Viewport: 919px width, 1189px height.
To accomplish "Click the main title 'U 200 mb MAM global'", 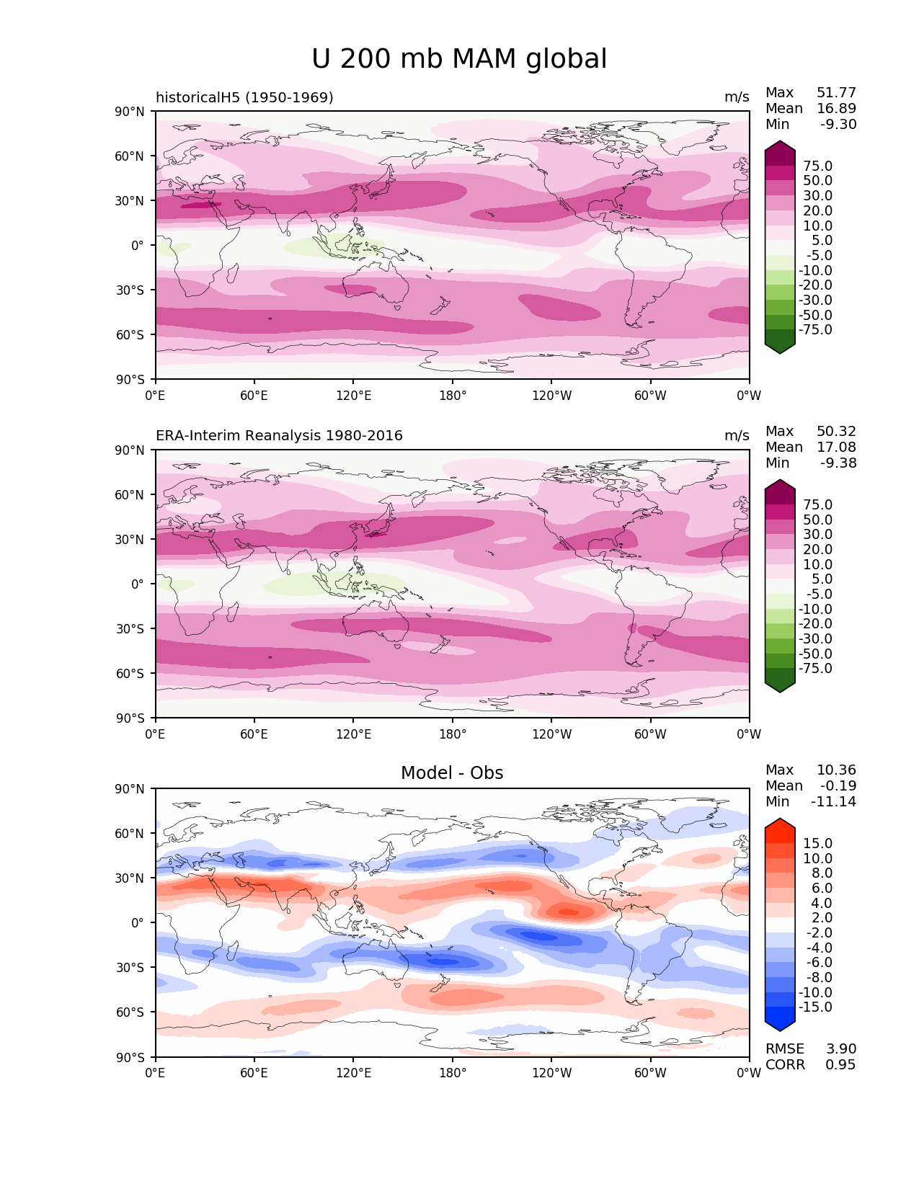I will (x=459, y=59).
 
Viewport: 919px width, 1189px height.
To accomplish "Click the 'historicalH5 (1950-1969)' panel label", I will (x=244, y=97).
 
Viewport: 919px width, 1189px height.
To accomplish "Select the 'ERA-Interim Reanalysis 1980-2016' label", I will (x=279, y=436).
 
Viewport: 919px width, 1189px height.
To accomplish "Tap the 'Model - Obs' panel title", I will (x=452, y=773).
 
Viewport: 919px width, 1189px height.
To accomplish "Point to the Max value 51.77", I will (x=836, y=93).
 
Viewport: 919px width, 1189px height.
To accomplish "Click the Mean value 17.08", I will (x=836, y=447).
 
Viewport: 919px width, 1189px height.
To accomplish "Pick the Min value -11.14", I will (x=833, y=802).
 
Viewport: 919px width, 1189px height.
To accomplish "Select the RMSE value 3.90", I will (x=841, y=1049).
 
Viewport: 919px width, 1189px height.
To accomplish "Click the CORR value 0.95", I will (x=840, y=1065).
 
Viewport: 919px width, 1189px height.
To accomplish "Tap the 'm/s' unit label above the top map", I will (x=737, y=97).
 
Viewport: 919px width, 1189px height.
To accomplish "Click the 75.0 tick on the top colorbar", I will (x=817, y=166).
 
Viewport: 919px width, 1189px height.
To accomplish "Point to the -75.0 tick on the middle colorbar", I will (x=815, y=669).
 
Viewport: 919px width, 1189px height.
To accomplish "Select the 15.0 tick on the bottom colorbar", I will (x=817, y=844).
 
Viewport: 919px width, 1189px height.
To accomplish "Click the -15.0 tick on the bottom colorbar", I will (x=815, y=1007).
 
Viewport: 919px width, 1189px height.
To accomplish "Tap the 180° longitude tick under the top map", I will (x=453, y=396).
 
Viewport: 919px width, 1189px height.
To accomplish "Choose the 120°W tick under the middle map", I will (x=552, y=734).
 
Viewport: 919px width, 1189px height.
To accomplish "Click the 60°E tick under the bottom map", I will (x=254, y=1073).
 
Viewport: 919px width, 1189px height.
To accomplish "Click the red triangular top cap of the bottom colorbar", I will (x=780, y=829).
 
